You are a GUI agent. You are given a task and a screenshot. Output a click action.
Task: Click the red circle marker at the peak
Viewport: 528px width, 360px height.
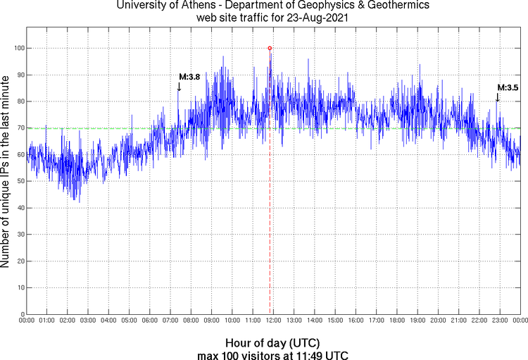[x=270, y=48]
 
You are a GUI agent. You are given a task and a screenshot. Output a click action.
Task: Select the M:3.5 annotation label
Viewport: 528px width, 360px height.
[x=508, y=88]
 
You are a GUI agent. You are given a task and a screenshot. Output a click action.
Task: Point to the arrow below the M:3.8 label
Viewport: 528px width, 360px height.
[x=179, y=87]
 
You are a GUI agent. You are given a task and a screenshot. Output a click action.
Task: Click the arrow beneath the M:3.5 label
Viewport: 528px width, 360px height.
[x=497, y=98]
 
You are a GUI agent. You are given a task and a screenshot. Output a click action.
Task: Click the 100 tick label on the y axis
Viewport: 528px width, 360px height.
[x=18, y=48]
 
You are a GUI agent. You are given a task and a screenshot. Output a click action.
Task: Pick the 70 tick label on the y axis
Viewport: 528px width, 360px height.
[x=19, y=128]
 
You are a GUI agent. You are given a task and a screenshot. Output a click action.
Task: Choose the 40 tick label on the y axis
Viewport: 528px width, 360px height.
[x=19, y=208]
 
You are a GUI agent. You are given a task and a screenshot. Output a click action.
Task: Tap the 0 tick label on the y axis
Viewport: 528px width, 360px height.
[x=21, y=314]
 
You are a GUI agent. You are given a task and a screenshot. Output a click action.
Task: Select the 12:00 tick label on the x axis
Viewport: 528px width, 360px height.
[x=273, y=321]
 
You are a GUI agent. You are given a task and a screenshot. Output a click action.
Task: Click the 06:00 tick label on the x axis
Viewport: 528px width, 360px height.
[x=150, y=321]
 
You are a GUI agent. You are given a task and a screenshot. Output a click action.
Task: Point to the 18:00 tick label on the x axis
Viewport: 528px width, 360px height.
[x=396, y=321]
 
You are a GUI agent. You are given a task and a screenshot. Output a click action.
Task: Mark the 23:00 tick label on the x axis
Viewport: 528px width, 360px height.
[x=499, y=321]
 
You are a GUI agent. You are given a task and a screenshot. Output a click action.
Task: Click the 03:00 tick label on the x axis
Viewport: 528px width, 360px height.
[x=88, y=321]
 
